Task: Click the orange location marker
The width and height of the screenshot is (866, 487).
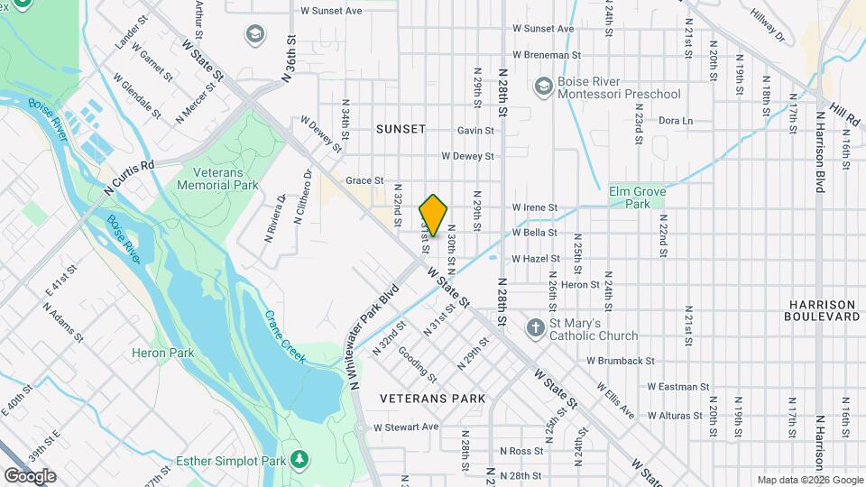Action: pyautogui.click(x=434, y=216)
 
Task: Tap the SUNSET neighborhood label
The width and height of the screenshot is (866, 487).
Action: pyautogui.click(x=401, y=129)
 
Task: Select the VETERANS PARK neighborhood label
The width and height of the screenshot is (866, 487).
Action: pyautogui.click(x=432, y=398)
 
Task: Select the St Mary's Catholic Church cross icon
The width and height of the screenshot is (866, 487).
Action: pyautogui.click(x=535, y=328)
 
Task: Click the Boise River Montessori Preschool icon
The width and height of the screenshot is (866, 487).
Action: pyautogui.click(x=543, y=87)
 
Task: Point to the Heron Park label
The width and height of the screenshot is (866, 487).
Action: pyautogui.click(x=163, y=353)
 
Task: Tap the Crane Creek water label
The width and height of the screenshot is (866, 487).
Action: pyautogui.click(x=284, y=337)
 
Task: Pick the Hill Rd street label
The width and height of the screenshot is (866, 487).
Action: pyautogui.click(x=845, y=113)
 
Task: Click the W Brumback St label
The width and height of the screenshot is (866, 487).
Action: pyautogui.click(x=620, y=361)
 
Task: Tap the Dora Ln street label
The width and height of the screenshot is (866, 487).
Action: pyautogui.click(x=676, y=120)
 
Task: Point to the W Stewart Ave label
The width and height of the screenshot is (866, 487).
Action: pyautogui.click(x=406, y=427)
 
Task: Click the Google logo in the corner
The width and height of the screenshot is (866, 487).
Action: pyautogui.click(x=30, y=476)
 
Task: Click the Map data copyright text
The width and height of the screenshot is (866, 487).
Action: pyautogui.click(x=809, y=480)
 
